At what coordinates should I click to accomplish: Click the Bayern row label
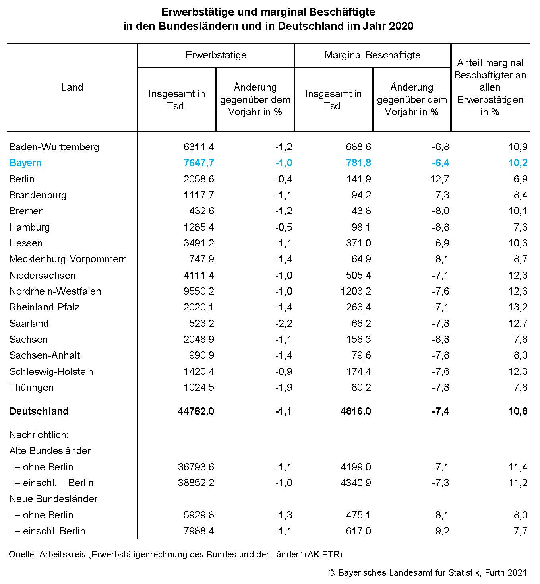pyautogui.click(x=25, y=163)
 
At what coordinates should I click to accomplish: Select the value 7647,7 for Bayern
pyautogui.click(x=199, y=163)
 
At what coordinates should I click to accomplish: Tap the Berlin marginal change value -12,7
pyautogui.click(x=438, y=179)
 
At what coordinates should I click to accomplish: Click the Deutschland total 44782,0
pyautogui.click(x=196, y=411)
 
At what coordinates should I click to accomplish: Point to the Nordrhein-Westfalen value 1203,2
pyautogui.click(x=356, y=291)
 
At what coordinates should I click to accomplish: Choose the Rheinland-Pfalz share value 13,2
pyautogui.click(x=518, y=307)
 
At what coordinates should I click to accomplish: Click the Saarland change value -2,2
pyautogui.click(x=284, y=323)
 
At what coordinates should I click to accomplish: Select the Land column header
pyautogui.click(x=72, y=87)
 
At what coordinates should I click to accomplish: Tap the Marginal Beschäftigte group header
pyautogui.click(x=373, y=55)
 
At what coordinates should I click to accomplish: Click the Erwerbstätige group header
pyautogui.click(x=216, y=55)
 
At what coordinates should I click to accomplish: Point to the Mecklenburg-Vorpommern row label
pyautogui.click(x=68, y=259)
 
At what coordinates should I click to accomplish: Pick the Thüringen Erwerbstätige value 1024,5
pyautogui.click(x=199, y=387)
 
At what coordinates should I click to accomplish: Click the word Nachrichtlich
pyautogui.click(x=39, y=435)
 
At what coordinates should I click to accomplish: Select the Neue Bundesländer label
pyautogui.click(x=53, y=499)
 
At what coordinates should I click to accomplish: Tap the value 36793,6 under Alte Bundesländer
pyautogui.click(x=196, y=467)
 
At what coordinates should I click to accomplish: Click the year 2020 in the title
pyautogui.click(x=401, y=26)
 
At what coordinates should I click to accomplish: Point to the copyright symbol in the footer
pyautogui.click(x=332, y=572)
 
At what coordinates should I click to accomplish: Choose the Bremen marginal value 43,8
pyautogui.click(x=362, y=211)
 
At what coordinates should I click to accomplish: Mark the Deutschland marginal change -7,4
pyautogui.click(x=441, y=411)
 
